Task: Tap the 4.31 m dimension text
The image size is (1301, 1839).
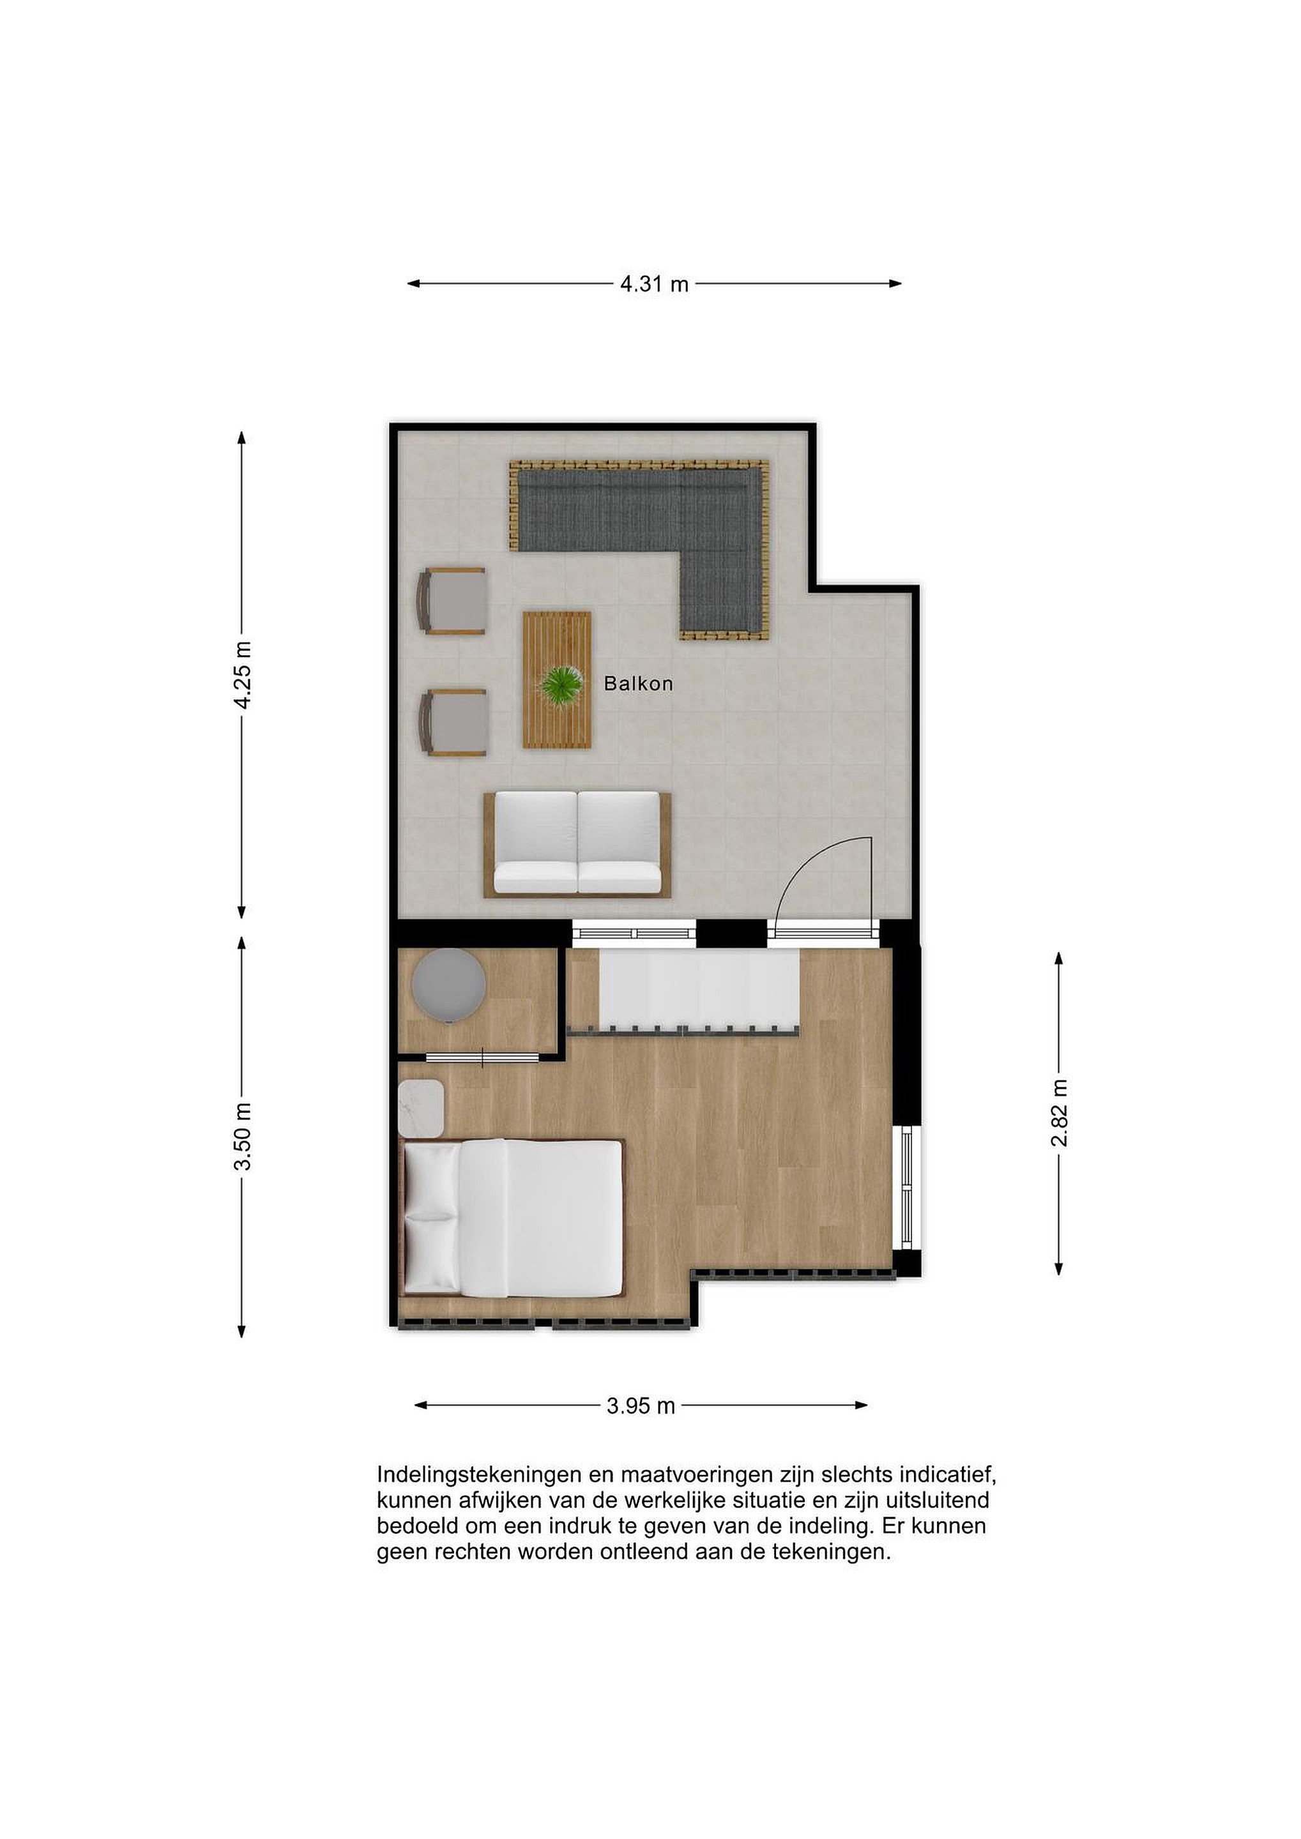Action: pyautogui.click(x=654, y=284)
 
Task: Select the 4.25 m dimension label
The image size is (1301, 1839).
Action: pyautogui.click(x=242, y=674)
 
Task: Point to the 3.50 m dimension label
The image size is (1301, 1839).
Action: pyautogui.click(x=242, y=1137)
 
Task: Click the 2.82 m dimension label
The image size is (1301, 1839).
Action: pyautogui.click(x=1059, y=1112)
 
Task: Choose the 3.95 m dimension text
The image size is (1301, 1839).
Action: pyautogui.click(x=640, y=1405)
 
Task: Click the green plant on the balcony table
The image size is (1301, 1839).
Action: pyautogui.click(x=561, y=686)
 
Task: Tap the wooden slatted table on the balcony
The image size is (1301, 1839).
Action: pyautogui.click(x=557, y=680)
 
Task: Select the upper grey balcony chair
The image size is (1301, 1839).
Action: pyautogui.click(x=451, y=601)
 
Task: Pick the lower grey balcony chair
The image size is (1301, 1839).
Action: pyautogui.click(x=453, y=722)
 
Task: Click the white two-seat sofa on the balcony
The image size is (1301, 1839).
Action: pyautogui.click(x=577, y=844)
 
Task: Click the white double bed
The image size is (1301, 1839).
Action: pyautogui.click(x=511, y=1218)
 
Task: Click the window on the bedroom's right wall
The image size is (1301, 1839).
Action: pyautogui.click(x=907, y=1188)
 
